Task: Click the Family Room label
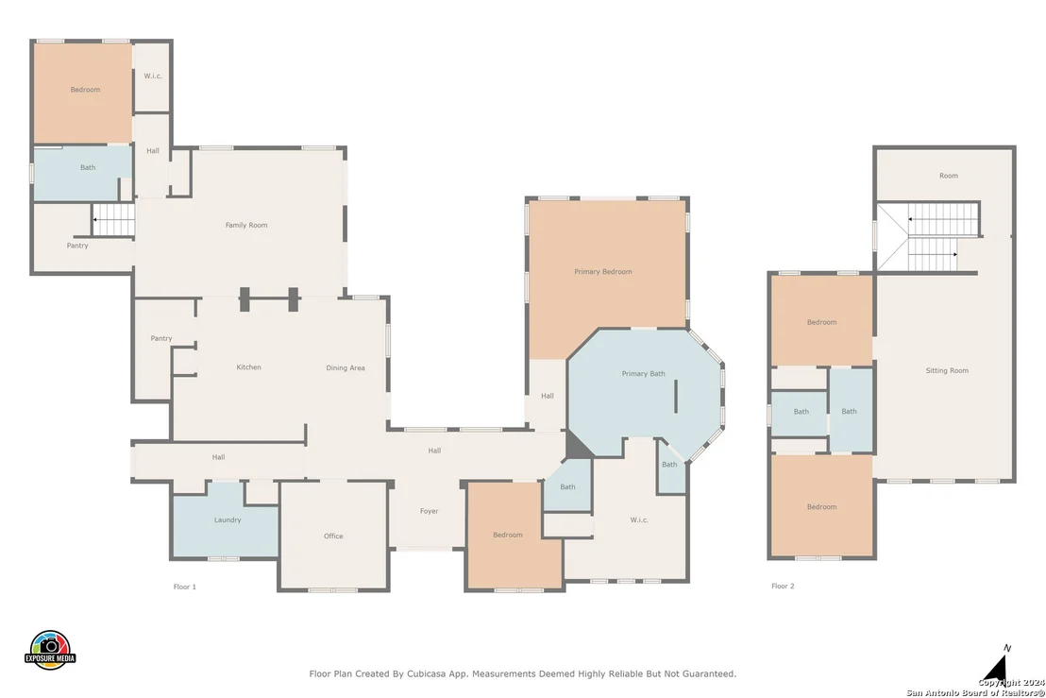coord(246,225)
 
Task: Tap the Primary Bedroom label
coord(603,272)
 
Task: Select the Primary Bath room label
coord(643,374)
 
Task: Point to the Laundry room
coord(228,519)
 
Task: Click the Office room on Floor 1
coord(333,536)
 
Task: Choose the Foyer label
coord(429,511)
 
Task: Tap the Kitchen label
coord(249,367)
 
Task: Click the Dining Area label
coord(346,367)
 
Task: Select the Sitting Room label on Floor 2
coord(947,370)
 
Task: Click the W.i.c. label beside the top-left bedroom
coord(153,77)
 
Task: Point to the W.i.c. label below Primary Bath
coord(639,519)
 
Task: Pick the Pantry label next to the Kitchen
coord(161,338)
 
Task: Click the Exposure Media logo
coord(50,650)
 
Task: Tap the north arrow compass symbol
coord(996,668)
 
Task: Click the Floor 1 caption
coord(185,587)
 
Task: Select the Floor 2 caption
coord(783,586)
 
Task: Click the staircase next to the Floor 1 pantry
coord(113,219)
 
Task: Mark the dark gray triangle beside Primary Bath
coord(579,445)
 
